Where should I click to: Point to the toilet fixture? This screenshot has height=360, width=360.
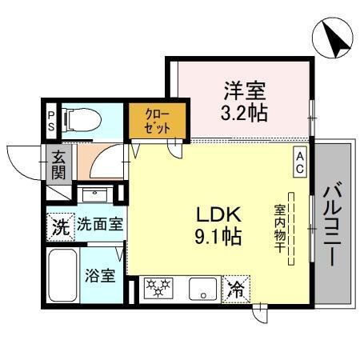(x=79, y=120)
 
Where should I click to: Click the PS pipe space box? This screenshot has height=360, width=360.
(x=50, y=120)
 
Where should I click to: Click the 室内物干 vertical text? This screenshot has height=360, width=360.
(x=280, y=226)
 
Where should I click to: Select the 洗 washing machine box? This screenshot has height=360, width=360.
(x=59, y=226)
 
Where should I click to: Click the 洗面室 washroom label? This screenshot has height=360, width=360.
(x=100, y=225)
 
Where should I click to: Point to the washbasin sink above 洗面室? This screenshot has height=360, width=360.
(x=97, y=195)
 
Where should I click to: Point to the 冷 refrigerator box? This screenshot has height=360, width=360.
(x=238, y=286)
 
